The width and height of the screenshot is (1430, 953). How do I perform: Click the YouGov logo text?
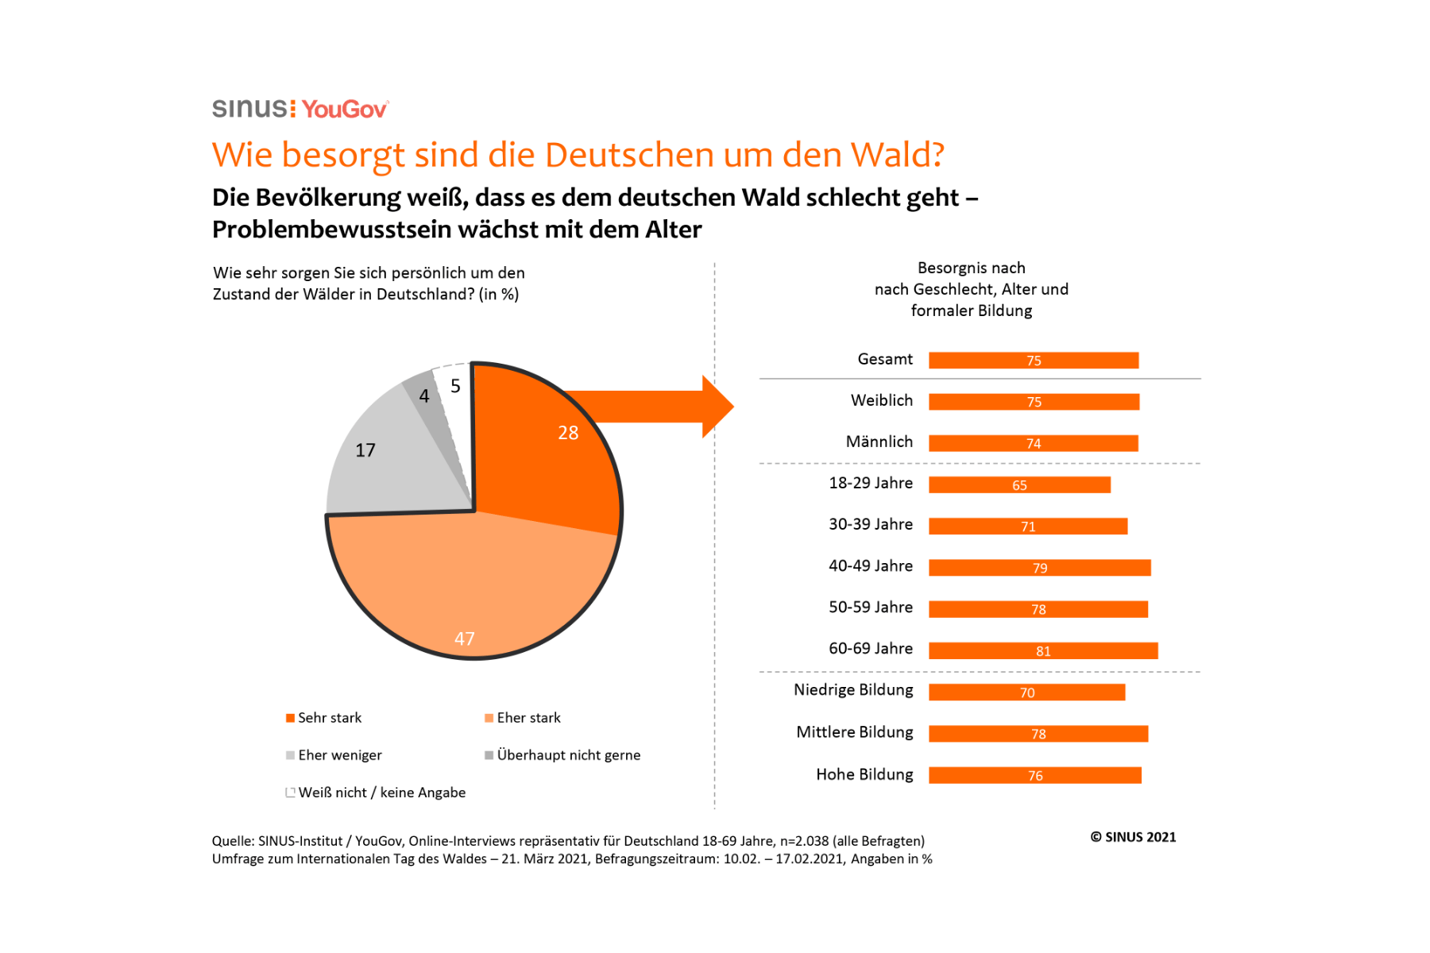pyautogui.click(x=345, y=109)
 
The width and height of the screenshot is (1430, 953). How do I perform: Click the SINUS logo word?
pyautogui.click(x=250, y=109)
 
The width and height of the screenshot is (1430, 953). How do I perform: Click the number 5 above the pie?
pyautogui.click(x=455, y=386)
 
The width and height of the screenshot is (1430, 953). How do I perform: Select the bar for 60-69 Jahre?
pyautogui.click(x=1042, y=651)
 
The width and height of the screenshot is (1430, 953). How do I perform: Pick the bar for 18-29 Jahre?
pyautogui.click(x=1019, y=485)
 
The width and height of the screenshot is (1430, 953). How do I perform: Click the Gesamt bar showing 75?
pyautogui.click(x=1033, y=361)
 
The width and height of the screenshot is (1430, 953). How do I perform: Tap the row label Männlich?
pyautogui.click(x=879, y=442)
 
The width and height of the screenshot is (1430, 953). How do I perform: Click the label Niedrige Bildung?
pyautogui.click(x=853, y=690)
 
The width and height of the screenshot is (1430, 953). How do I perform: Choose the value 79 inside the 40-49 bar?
pyautogui.click(x=1040, y=569)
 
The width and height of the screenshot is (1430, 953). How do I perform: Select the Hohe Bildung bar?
pyautogui.click(x=1034, y=776)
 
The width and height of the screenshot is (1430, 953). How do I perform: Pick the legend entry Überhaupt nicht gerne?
pyautogui.click(x=568, y=755)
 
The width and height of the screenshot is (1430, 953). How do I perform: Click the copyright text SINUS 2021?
pyautogui.click(x=1133, y=837)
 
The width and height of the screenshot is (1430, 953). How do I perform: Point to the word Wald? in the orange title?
pyautogui.click(x=897, y=155)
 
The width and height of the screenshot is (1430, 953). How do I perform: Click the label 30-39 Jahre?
pyautogui.click(x=871, y=525)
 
